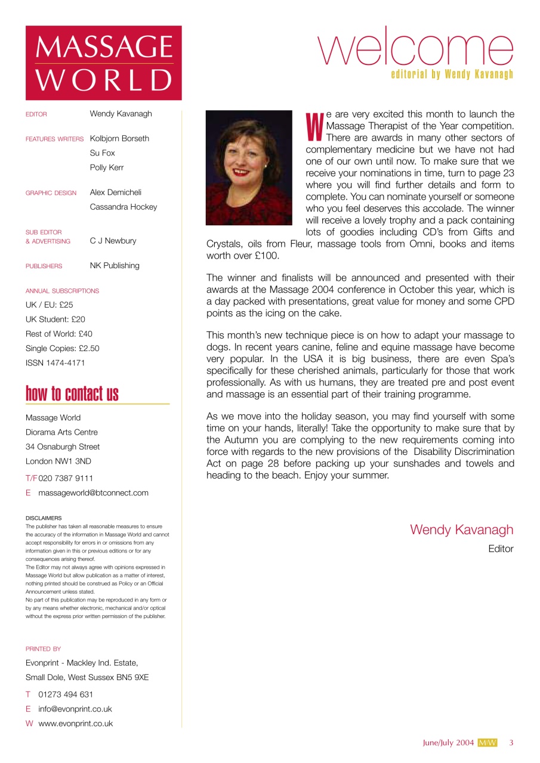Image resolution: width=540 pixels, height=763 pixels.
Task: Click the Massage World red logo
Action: tap(103, 63)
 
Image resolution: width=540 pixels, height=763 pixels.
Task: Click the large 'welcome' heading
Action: tap(416, 48)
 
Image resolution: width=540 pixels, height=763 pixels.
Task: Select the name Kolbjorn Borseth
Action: tap(119, 138)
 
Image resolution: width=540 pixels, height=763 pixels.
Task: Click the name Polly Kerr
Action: tap(107, 168)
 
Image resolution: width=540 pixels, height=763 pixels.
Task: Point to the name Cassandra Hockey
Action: tap(124, 207)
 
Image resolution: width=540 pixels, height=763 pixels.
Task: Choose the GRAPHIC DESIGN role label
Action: tap(51, 193)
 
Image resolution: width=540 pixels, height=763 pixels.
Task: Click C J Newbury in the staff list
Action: tap(113, 241)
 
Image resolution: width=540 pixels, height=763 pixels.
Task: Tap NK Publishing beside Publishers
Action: tap(115, 265)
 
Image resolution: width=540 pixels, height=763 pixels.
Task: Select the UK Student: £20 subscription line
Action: tap(55, 319)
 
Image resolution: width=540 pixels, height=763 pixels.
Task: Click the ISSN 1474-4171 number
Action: tap(55, 362)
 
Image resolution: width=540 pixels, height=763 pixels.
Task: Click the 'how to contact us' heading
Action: tap(72, 394)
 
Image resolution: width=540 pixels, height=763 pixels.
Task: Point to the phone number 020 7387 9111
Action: tap(66, 478)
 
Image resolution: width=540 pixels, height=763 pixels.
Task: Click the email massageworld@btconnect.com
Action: tap(93, 493)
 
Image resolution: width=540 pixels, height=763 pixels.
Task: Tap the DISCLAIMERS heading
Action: tap(44, 518)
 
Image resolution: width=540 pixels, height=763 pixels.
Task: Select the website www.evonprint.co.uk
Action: tap(75, 724)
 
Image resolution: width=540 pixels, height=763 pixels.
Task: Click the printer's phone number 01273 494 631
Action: tap(66, 694)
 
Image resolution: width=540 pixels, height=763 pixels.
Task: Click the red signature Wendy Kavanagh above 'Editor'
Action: tap(461, 529)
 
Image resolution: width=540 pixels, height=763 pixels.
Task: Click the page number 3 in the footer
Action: tap(511, 743)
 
